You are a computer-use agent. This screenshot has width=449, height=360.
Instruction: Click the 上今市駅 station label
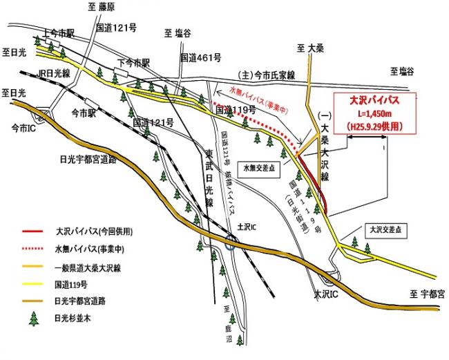click(x=58, y=32)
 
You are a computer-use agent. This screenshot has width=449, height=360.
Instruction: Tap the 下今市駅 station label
click(x=133, y=62)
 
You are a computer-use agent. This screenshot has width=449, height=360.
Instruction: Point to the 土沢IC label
click(x=246, y=226)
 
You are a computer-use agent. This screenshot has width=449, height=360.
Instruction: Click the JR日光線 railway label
click(x=54, y=72)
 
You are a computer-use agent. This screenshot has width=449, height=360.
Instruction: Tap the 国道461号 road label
click(x=200, y=58)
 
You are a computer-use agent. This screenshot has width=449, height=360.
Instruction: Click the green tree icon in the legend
click(x=32, y=319)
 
